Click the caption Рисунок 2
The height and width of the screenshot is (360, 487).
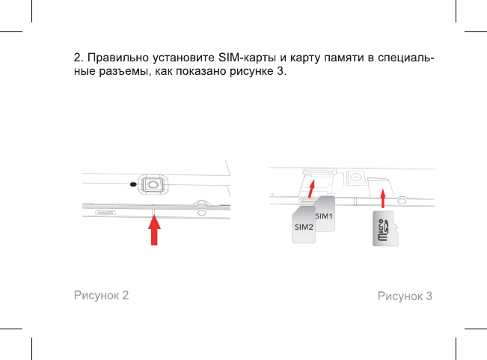(101, 295)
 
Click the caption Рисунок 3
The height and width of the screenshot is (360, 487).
(405, 296)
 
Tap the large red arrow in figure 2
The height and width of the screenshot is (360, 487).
(155, 231)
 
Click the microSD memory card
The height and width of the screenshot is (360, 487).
(385, 229)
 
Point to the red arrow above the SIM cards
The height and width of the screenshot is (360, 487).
(310, 185)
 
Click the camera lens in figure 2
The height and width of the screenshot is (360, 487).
(153, 183)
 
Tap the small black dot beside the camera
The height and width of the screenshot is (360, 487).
(133, 184)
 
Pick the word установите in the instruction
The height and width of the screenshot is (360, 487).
(183, 58)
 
